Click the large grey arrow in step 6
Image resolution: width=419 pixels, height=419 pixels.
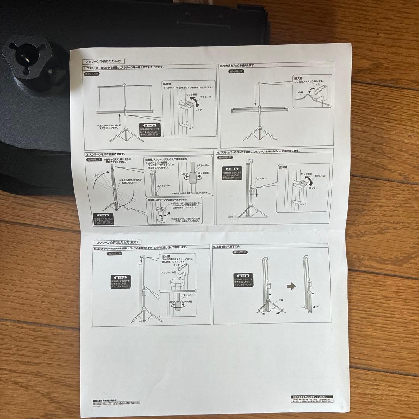pyautogui.click(x=291, y=286)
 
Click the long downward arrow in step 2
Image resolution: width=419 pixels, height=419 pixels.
pyautogui.click(x=255, y=97)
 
